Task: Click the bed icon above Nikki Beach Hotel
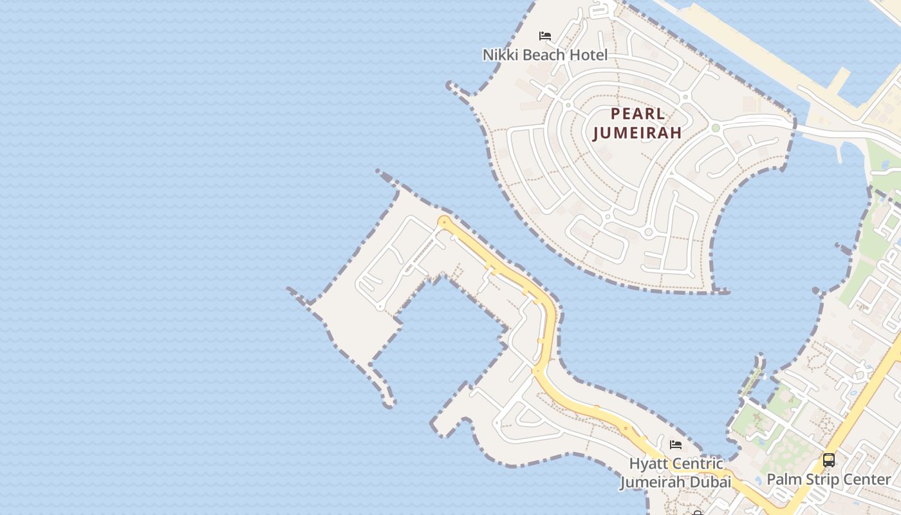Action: [x=545, y=35]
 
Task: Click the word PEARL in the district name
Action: [x=637, y=114]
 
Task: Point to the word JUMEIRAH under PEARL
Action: [x=637, y=133]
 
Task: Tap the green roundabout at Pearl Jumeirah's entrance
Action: [x=715, y=128]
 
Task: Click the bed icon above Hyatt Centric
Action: [x=676, y=444]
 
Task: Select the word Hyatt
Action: [x=648, y=464]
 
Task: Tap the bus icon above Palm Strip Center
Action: [x=829, y=460]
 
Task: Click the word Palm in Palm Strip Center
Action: [x=783, y=480]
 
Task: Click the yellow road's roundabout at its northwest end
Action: [x=443, y=222]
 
